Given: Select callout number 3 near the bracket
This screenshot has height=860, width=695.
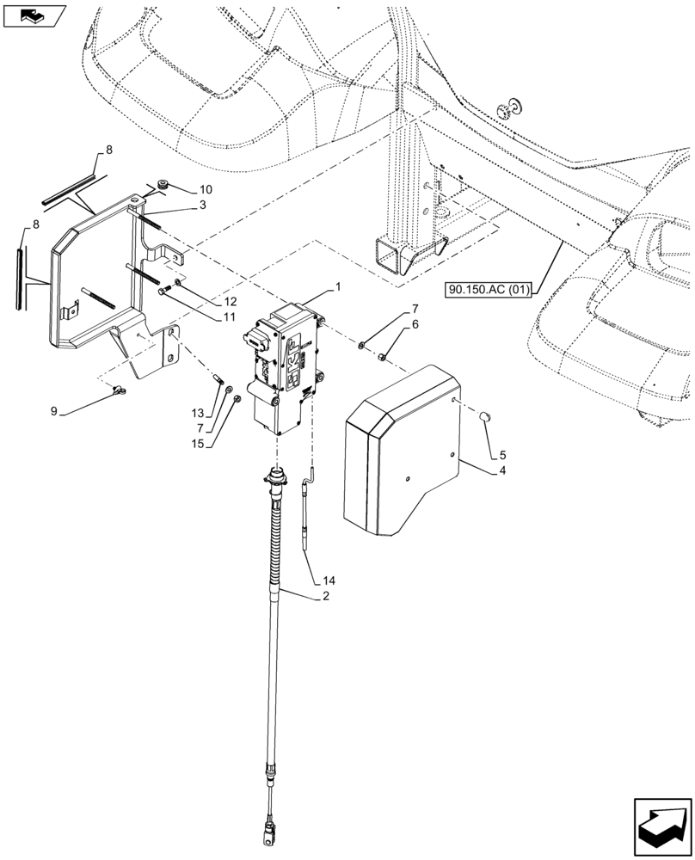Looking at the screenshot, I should click(x=201, y=205).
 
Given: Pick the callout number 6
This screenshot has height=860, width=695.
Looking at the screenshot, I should click(x=415, y=324).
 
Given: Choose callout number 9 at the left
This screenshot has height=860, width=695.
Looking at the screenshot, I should click(x=53, y=412).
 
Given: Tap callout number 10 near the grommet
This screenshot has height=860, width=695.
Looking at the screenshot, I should click(x=205, y=188).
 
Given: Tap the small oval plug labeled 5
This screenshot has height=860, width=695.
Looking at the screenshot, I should click(x=484, y=417).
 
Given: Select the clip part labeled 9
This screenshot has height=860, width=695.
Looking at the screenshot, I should click(x=117, y=392).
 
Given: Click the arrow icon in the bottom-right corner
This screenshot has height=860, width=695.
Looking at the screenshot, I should click(x=661, y=826).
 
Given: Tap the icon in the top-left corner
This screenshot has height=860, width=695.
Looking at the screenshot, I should click(x=34, y=15).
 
